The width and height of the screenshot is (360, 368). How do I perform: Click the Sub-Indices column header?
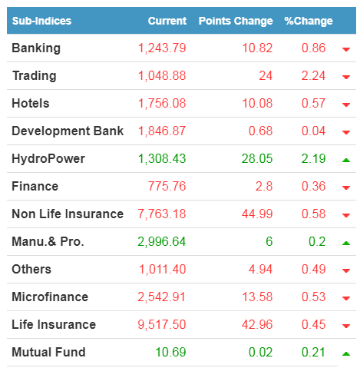tap(41, 21)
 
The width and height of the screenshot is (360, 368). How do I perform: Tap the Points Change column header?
tap(236, 21)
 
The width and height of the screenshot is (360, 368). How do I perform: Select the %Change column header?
tap(309, 21)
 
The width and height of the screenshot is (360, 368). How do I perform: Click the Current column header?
tap(167, 21)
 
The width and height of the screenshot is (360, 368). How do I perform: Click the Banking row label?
tap(36, 48)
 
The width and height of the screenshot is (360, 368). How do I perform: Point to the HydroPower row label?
tap(48, 158)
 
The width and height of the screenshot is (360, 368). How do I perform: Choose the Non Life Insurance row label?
tap(68, 214)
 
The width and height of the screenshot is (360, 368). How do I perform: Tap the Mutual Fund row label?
tap(48, 352)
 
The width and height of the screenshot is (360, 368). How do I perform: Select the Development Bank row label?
tap(68, 131)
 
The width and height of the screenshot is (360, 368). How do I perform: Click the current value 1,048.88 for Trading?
tap(162, 76)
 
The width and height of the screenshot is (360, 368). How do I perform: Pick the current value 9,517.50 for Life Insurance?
tap(162, 324)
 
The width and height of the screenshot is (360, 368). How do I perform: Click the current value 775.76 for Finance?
tap(167, 186)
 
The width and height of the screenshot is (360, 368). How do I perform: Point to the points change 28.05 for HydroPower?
tap(257, 158)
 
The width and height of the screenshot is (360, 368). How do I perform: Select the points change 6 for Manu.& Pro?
tap(269, 241)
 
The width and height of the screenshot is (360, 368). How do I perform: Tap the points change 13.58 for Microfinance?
tap(257, 297)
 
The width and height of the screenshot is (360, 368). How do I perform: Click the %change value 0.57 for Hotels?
tap(313, 103)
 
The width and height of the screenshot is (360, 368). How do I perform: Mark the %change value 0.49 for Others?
tap(313, 269)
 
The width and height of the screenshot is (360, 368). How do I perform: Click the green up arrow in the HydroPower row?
tap(346, 161)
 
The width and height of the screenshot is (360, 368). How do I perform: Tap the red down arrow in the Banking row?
tap(346, 49)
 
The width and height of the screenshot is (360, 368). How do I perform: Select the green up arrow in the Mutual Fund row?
tap(346, 354)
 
